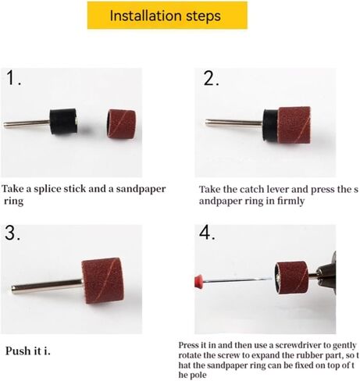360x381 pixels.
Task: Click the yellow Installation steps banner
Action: pyautogui.click(x=167, y=15)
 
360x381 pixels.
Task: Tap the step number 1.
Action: pyautogui.click(x=13, y=77)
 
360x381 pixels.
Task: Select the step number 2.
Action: pyautogui.click(x=211, y=78)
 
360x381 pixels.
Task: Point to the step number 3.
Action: pyautogui.click(x=12, y=233)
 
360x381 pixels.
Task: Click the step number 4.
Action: pyautogui.click(x=207, y=233)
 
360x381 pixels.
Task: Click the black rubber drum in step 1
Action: pyautogui.click(x=64, y=122)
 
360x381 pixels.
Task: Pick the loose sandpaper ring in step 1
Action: pyautogui.click(x=121, y=123)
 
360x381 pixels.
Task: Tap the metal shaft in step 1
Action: pyautogui.click(x=27, y=123)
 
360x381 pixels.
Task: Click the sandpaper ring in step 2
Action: pyautogui.click(x=294, y=125)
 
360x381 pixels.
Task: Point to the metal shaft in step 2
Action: pyautogui.click(x=233, y=123)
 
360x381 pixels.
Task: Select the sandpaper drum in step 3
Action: pyautogui.click(x=102, y=281)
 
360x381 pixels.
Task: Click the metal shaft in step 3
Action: pyautogui.click(x=47, y=287)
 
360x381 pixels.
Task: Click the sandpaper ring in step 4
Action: pyautogui.click(x=292, y=278)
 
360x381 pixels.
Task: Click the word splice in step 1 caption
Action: pyautogui.click(x=48, y=189)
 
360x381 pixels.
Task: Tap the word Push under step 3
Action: pyautogui.click(x=18, y=351)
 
